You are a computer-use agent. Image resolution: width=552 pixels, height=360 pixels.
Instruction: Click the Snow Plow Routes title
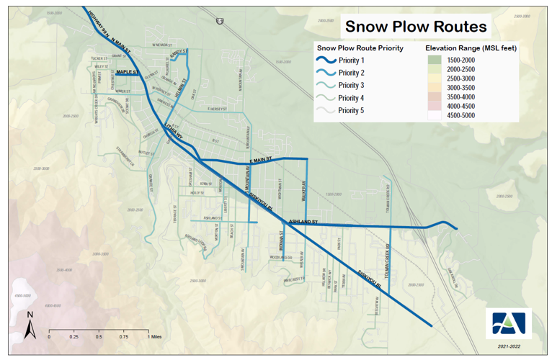point(416,27)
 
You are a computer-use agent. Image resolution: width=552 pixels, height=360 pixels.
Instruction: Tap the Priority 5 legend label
point(352,110)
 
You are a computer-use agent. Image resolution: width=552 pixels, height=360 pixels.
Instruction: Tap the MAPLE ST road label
point(126,72)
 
